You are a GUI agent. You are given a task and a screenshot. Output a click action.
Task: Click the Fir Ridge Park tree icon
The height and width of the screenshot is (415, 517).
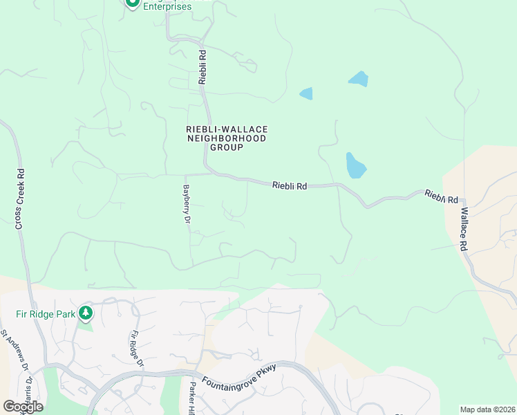tap(86, 313)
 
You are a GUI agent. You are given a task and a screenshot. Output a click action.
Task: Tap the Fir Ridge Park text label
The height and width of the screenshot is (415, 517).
tap(45, 313)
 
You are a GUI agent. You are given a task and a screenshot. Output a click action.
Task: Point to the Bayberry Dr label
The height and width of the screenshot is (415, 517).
tap(186, 204)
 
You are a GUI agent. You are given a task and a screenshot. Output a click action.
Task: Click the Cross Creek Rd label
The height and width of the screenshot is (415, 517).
tap(20, 199)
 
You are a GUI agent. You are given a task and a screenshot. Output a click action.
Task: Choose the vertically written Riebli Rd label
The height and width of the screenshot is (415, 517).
tap(203, 66)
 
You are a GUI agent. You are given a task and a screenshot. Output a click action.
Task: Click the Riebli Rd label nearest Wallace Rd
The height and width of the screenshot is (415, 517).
tap(442, 196)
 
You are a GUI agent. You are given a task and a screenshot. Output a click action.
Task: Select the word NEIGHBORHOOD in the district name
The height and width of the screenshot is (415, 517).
tap(227, 138)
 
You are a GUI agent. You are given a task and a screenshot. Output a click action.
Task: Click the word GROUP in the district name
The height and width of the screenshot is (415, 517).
tap(227, 147)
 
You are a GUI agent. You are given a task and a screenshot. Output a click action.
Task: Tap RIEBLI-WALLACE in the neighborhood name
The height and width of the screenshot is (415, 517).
tap(227, 129)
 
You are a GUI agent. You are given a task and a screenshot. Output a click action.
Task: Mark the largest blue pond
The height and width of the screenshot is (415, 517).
tap(355, 166)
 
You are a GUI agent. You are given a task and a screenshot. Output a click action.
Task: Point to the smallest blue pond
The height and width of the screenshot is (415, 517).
tap(306, 93)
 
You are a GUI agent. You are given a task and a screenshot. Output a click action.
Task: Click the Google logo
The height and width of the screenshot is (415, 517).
tap(23, 406)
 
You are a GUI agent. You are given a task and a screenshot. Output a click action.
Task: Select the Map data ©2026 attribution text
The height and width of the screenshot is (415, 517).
tap(487, 409)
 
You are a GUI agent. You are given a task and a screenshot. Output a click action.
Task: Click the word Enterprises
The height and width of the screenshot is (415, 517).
tap(167, 6)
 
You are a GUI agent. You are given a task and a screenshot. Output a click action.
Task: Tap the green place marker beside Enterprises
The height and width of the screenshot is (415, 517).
tap(131, 3)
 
